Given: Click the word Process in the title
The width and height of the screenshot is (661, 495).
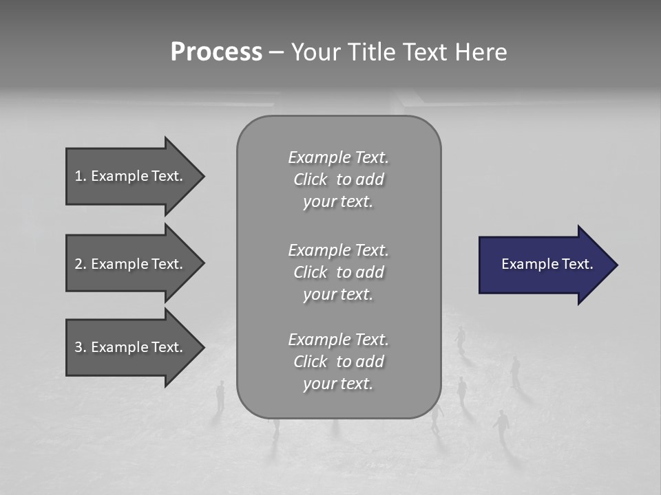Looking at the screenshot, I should coord(216,52).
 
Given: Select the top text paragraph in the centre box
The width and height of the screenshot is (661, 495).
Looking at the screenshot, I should coord(338,179).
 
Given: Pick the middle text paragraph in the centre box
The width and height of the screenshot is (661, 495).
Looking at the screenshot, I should coord(338,272).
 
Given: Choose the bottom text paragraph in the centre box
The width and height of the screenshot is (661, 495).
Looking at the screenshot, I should coord(338,362).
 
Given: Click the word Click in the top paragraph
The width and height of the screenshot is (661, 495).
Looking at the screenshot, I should coord(311,179).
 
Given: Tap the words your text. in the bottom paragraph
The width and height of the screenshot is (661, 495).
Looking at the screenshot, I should coord(338,384).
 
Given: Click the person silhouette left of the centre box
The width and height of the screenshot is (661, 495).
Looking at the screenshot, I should coord(220,397).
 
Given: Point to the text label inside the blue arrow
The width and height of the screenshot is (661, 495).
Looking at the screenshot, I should coord(547,264).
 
